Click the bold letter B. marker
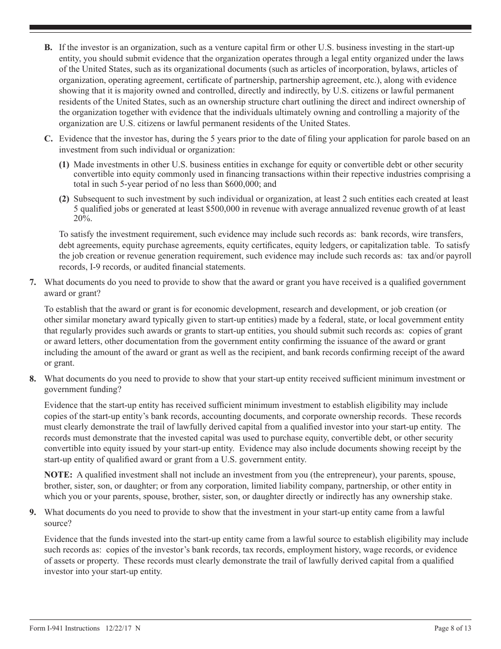point(48,47)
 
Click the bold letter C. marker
point(48,139)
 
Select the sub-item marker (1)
point(64,165)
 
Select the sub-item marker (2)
point(64,199)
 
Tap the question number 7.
point(33,282)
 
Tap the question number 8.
point(33,378)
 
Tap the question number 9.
point(33,512)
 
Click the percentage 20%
point(82,219)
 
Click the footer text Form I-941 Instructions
point(64,628)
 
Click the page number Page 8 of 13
point(452,628)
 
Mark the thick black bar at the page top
point(250,27)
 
